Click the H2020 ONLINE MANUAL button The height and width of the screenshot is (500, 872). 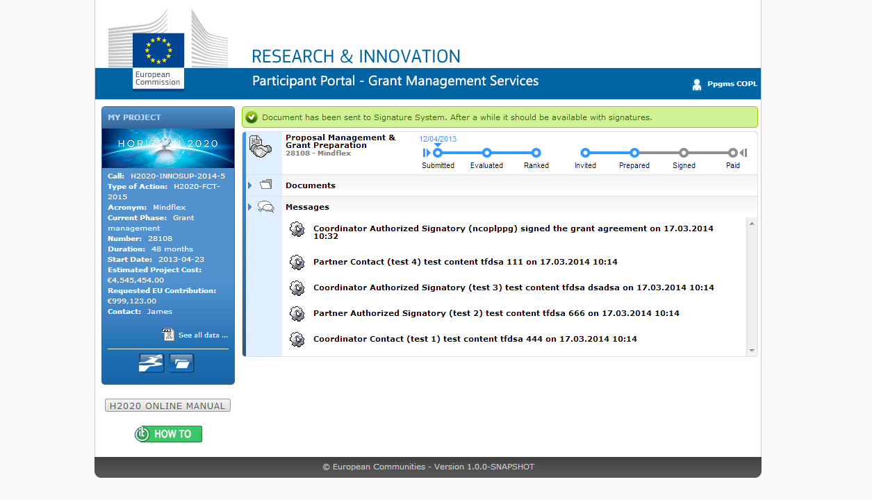[167, 406]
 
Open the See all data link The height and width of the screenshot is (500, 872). [203, 335]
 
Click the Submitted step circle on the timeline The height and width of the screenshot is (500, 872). [438, 153]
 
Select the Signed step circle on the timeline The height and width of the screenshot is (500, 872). [684, 153]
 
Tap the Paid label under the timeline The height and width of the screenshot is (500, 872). [732, 165]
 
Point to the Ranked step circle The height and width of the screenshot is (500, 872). [536, 153]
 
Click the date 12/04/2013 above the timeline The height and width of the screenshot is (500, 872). [438, 139]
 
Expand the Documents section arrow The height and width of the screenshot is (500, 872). [250, 185]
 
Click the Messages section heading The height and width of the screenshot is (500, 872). [307, 207]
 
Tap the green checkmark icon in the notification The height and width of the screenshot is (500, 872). [252, 117]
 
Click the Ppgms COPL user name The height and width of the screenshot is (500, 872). [732, 83]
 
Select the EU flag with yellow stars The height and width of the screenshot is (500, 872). [158, 50]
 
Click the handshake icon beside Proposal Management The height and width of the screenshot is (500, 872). [260, 147]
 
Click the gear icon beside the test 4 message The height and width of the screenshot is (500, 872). [297, 262]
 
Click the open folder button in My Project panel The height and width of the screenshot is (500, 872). [181, 363]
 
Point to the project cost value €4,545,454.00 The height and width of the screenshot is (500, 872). [136, 280]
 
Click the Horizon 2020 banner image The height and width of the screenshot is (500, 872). [168, 148]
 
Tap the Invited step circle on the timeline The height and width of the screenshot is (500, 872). [585, 153]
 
